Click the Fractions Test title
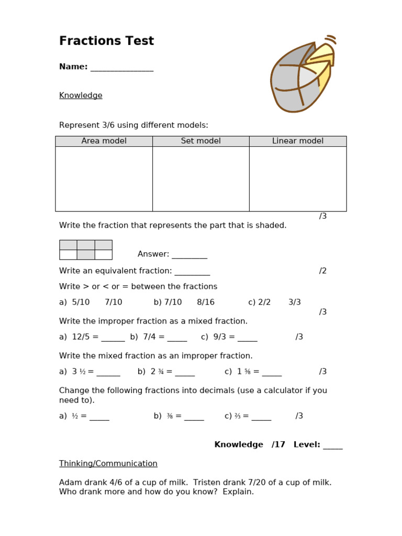106,41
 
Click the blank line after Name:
121,68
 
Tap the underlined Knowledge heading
81,95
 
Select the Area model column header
104,141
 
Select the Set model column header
200,141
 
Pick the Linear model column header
297,141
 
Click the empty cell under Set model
200,178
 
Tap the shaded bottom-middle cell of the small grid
86,255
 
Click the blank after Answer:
189,255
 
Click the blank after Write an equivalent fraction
192,271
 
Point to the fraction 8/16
206,303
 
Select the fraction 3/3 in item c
294,303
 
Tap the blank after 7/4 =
177,338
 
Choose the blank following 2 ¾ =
185,372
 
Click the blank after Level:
332,445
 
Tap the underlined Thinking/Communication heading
108,464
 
